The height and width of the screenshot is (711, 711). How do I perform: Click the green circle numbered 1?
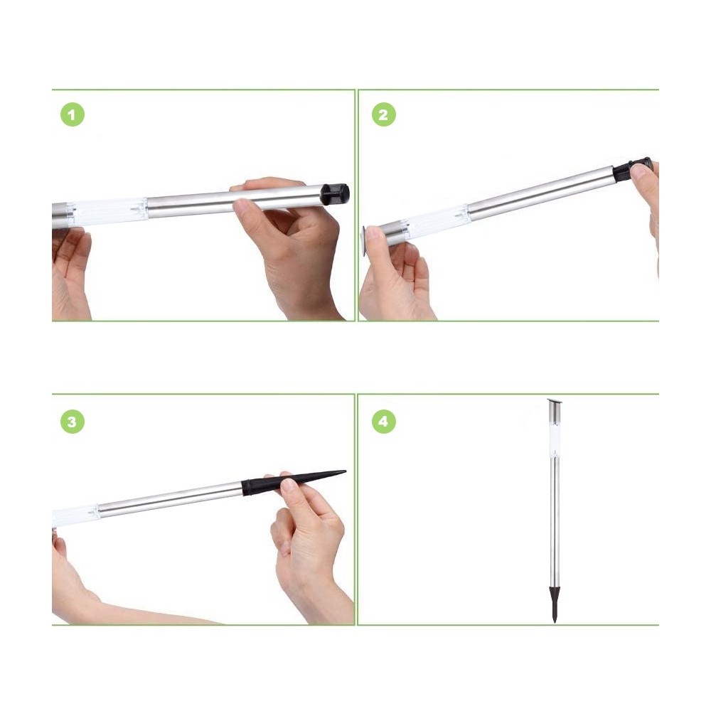pyautogui.click(x=72, y=115)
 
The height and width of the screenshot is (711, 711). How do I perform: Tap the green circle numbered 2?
pyautogui.click(x=384, y=115)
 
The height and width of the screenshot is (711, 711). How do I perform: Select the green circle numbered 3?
pyautogui.click(x=72, y=422)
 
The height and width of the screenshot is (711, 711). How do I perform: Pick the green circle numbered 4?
pyautogui.click(x=384, y=422)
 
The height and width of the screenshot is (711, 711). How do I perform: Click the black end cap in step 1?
pyautogui.click(x=335, y=193)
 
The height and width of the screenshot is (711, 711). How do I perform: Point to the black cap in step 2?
pyautogui.click(x=632, y=169)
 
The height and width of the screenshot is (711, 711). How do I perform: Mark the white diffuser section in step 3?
pyautogui.click(x=75, y=515)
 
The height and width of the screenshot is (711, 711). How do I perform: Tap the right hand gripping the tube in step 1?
pyautogui.click(x=292, y=242)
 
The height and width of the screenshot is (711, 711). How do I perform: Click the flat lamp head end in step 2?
pyautogui.click(x=365, y=240)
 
